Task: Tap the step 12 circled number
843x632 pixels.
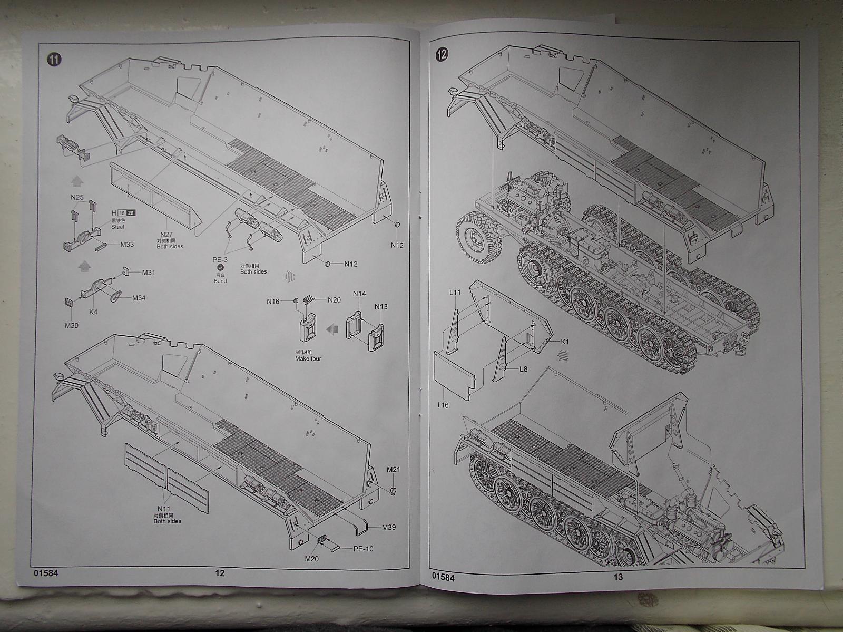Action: click(x=442, y=53)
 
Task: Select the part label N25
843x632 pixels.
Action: click(x=77, y=197)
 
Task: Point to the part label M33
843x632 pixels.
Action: click(x=127, y=244)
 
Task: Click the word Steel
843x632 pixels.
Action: click(x=118, y=227)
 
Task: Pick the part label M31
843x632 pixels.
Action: click(x=149, y=273)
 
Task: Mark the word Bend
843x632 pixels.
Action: click(x=220, y=281)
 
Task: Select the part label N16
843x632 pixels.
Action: click(x=273, y=301)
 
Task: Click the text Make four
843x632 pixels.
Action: click(x=308, y=358)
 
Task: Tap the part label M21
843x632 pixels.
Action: click(x=394, y=469)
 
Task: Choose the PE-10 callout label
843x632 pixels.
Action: click(x=362, y=549)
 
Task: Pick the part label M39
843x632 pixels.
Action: click(x=389, y=527)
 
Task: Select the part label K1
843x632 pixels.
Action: click(x=565, y=342)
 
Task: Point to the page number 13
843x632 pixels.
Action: click(x=618, y=577)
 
